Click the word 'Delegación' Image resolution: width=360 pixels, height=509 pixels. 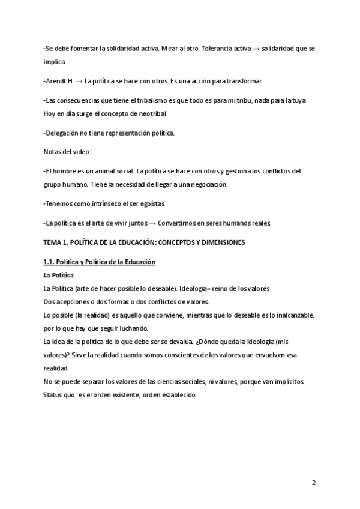pyautogui.click(x=64, y=132)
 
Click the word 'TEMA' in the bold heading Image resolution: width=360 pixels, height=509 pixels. pyautogui.click(x=53, y=242)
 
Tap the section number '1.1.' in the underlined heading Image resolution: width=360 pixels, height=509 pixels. pyautogui.click(x=50, y=262)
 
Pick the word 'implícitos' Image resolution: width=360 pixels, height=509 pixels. pyautogui.click(x=286, y=381)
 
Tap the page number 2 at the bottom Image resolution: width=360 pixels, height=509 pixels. pyautogui.click(x=314, y=483)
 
